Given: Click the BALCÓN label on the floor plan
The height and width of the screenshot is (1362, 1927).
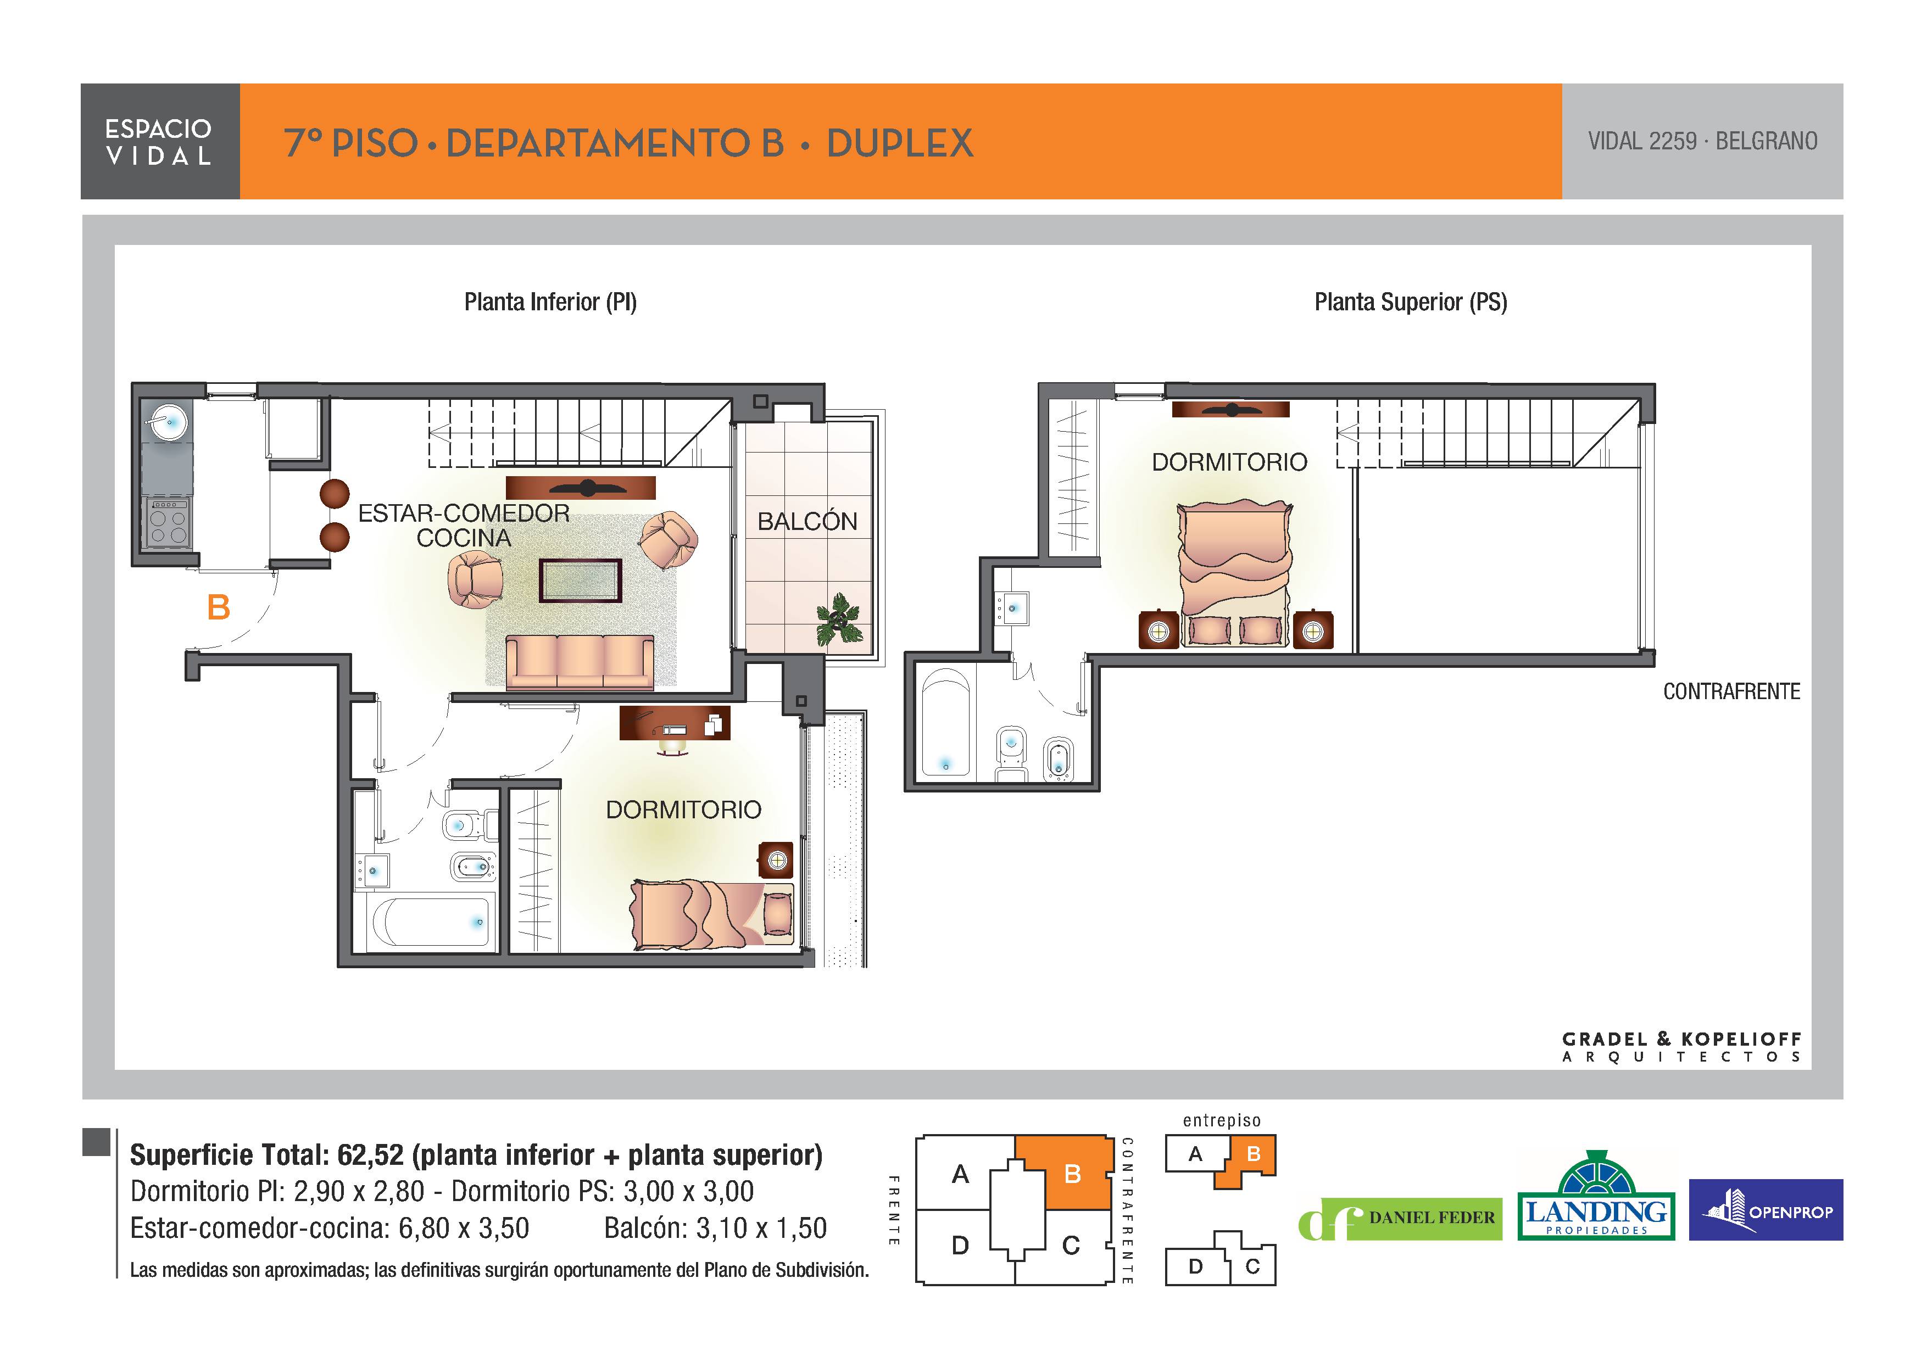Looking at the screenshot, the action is (x=807, y=521).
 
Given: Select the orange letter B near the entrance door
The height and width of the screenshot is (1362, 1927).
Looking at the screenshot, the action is (x=218, y=607).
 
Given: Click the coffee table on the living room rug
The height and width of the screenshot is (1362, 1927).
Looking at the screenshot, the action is (x=581, y=580).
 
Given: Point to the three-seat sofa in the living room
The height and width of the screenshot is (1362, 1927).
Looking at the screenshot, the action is (x=580, y=663).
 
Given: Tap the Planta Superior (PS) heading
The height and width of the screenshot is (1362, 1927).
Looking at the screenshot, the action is (x=1411, y=302).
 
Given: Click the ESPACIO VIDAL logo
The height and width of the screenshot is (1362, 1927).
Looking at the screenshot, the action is (x=159, y=141).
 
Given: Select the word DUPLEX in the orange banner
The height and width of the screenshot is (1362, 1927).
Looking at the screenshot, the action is (x=900, y=143).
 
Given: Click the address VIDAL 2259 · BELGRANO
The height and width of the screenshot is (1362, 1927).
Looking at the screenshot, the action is (x=1703, y=141).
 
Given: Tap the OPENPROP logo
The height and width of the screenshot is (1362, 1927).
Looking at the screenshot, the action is (x=1766, y=1209).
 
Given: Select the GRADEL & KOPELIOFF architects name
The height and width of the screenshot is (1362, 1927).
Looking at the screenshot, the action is (x=1682, y=1047).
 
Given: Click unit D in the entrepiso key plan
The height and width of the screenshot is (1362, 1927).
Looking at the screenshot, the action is (x=1196, y=1266).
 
